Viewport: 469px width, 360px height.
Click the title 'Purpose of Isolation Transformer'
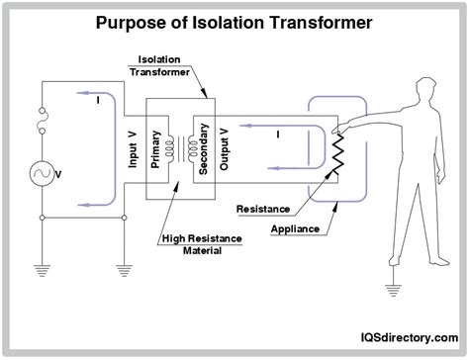(234, 21)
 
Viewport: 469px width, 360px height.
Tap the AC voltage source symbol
(41, 173)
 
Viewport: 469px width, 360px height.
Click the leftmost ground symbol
(41, 266)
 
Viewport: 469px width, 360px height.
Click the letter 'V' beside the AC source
(60, 174)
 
